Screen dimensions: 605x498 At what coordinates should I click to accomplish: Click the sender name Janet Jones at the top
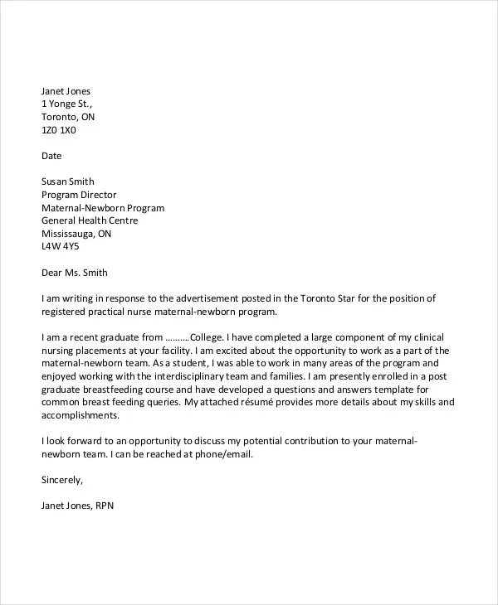(x=66, y=91)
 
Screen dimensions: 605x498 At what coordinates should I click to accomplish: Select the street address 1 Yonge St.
(x=67, y=104)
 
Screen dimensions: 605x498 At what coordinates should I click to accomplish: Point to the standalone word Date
(x=51, y=156)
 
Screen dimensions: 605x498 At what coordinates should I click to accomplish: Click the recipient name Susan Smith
(x=68, y=181)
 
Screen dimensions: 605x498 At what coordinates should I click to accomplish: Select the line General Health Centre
(x=90, y=220)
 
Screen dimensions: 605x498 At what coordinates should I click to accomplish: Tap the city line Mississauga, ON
(x=76, y=234)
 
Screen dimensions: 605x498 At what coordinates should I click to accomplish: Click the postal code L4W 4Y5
(x=60, y=247)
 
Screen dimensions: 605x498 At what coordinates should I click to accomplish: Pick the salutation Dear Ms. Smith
(x=75, y=272)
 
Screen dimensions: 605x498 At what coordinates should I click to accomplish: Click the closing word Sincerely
(x=63, y=480)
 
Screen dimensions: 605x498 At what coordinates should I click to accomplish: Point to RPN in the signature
(x=115, y=506)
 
